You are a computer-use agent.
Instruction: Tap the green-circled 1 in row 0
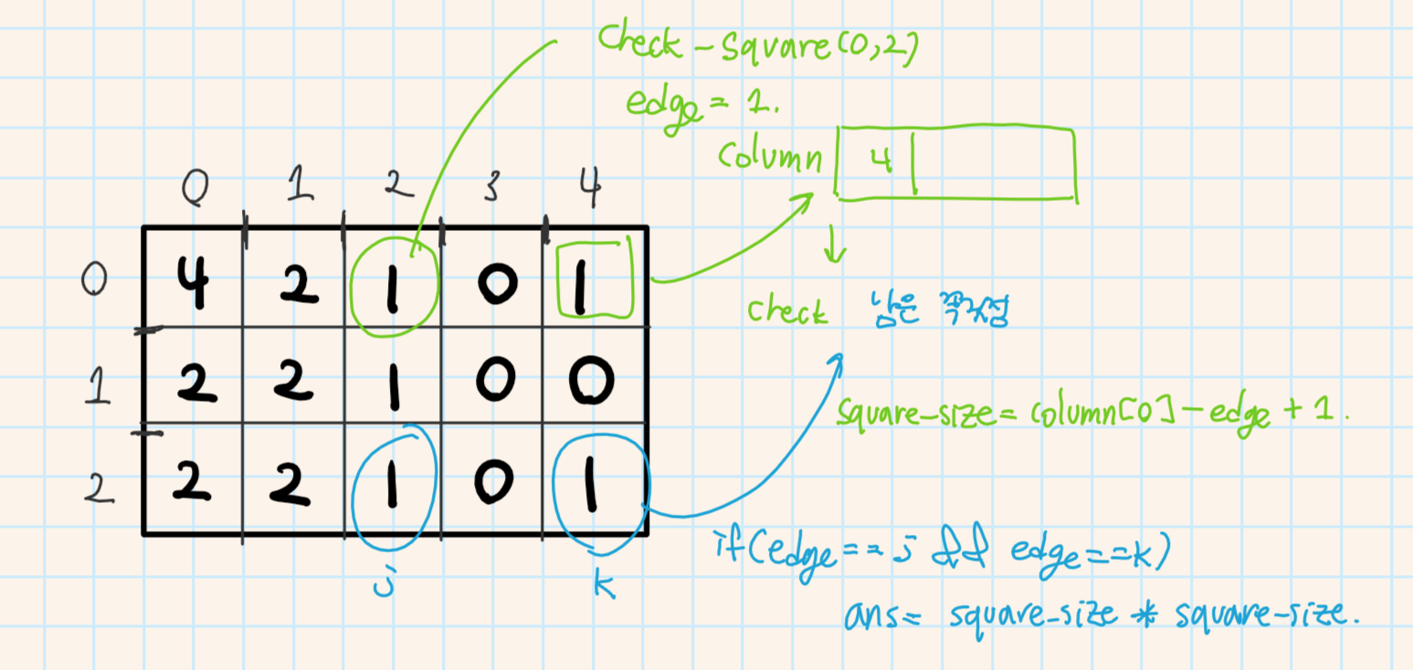(395, 281)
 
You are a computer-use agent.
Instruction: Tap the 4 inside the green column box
(880, 162)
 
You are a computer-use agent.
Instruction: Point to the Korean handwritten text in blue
(933, 313)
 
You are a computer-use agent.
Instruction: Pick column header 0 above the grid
(194, 190)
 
